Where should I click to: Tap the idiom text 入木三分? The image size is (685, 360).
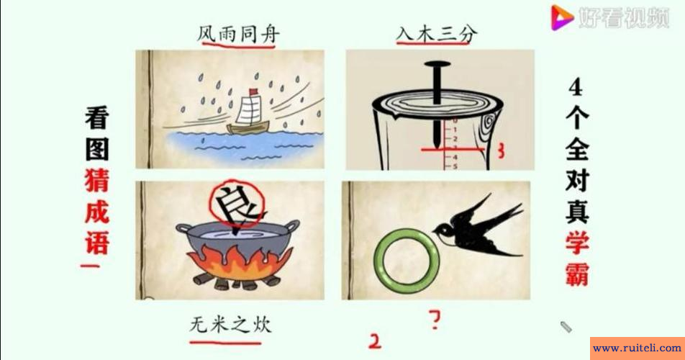[x=437, y=33]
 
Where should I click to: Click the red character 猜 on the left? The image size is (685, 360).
[x=97, y=180]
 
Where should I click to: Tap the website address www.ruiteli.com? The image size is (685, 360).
[x=636, y=348]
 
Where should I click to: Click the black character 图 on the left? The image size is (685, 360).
[x=97, y=148]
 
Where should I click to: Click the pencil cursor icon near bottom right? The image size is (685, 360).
[x=566, y=326]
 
